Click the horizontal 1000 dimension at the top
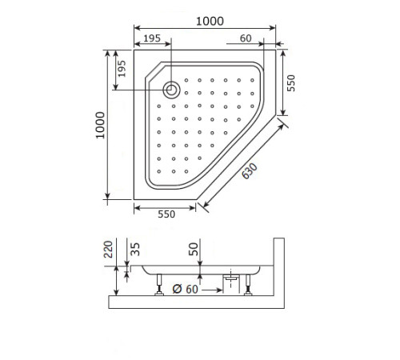click(205, 20)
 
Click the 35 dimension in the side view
click(135, 250)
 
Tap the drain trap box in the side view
click(231, 280)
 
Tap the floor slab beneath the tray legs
click(196, 302)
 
